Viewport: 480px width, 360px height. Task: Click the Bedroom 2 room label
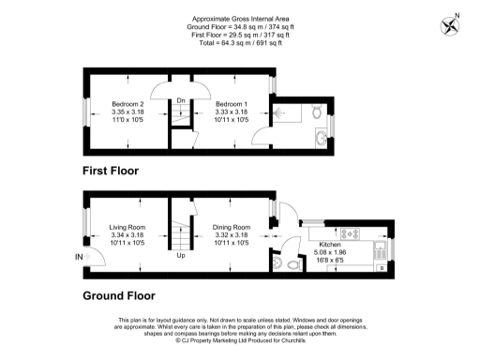[x=127, y=102]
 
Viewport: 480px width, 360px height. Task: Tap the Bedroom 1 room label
[x=230, y=102]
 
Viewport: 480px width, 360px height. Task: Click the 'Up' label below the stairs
[x=180, y=255]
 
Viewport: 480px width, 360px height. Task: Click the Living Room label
[x=127, y=228]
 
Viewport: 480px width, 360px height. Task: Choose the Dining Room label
[x=230, y=228]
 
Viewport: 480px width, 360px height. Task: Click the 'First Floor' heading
[x=109, y=172]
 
